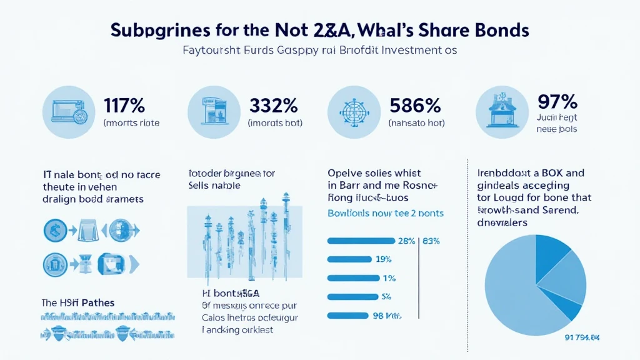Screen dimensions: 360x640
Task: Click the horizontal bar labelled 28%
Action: click(x=361, y=241)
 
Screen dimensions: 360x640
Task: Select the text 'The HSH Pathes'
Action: click(x=79, y=302)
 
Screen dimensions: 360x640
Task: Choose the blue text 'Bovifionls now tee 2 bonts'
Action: click(x=386, y=213)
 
